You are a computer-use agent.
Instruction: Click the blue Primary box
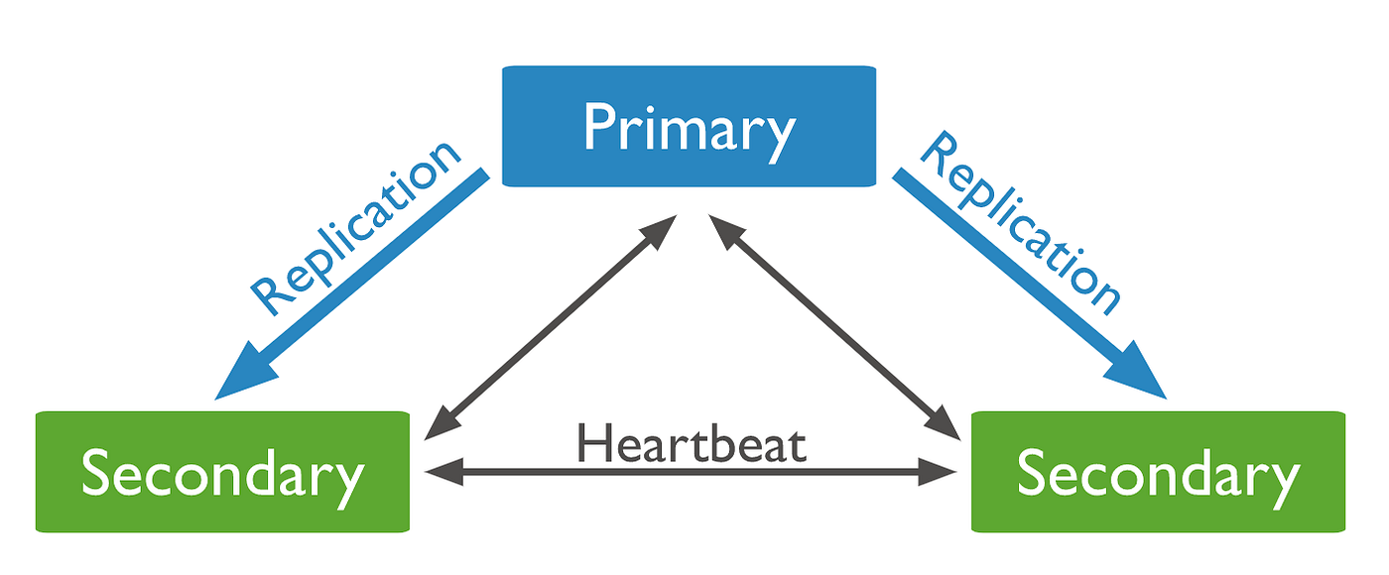pyautogui.click(x=689, y=126)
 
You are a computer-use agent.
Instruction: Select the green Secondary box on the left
pyautogui.click(x=222, y=472)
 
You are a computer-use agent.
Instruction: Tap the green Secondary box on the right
pyautogui.click(x=1158, y=472)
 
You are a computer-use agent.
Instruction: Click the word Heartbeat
pyautogui.click(x=692, y=444)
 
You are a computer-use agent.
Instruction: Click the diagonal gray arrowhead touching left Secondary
pyautogui.click(x=439, y=423)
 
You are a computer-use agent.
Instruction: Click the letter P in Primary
pyautogui.click(x=599, y=128)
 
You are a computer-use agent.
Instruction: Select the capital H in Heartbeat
pyautogui.click(x=594, y=444)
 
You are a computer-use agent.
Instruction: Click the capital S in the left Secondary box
pyautogui.click(x=97, y=473)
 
